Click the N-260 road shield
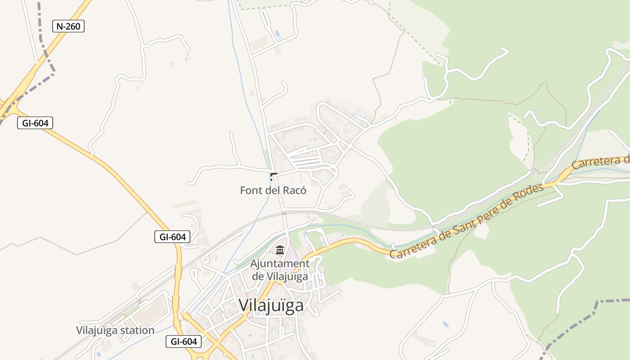68,26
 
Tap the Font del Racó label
273,190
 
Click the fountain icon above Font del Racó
273,176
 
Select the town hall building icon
280,249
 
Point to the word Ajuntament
280,264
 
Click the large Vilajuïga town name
271,306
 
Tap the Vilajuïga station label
115,330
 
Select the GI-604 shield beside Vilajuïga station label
184,342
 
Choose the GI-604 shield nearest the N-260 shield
35,122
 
